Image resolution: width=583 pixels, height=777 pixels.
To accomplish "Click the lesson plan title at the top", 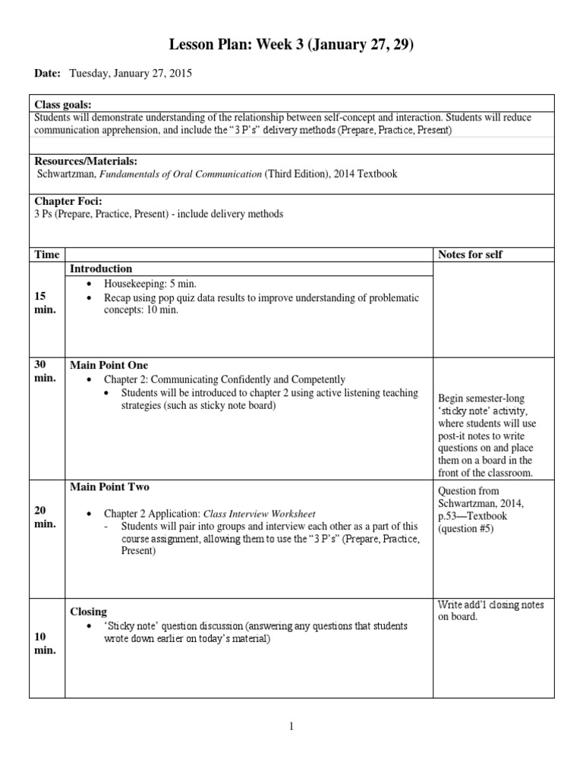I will (291, 47).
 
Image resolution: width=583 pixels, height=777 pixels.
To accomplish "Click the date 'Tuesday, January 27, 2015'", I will (131, 74).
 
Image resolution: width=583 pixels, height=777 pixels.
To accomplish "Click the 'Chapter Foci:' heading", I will (68, 201).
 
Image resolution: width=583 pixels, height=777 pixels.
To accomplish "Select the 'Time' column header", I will (46, 254).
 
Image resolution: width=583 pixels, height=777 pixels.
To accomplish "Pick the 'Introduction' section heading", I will (101, 269).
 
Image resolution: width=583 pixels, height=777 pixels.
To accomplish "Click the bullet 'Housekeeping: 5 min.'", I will (150, 283).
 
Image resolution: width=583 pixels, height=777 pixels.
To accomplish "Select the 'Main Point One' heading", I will (109, 365).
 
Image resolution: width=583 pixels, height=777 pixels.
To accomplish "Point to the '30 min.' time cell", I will (45, 371).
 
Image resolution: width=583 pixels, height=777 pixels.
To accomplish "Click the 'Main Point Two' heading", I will (109, 486).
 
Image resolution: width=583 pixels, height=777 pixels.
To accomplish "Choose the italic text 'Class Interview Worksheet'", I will (260, 514).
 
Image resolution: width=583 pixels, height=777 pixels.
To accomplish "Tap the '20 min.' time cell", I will (45, 517).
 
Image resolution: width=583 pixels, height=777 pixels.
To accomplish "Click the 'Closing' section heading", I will (88, 612).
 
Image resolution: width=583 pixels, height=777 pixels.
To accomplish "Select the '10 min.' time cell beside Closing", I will (45, 643).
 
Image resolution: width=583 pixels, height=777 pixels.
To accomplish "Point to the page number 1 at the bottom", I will (291, 726).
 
